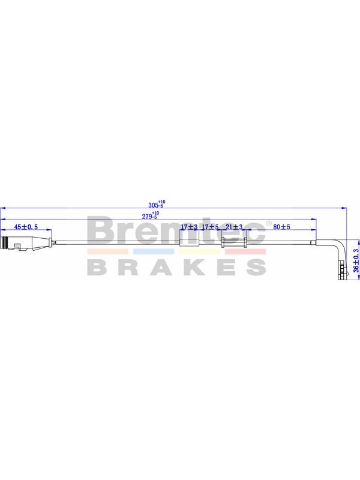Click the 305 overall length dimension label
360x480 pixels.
(x=157, y=204)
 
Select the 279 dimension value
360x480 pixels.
(x=151, y=215)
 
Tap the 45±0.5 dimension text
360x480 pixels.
(x=26, y=227)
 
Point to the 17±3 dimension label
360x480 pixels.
(x=189, y=227)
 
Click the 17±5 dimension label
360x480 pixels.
(x=211, y=227)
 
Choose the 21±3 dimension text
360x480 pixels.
(x=234, y=227)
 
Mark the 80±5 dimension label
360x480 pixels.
(x=281, y=227)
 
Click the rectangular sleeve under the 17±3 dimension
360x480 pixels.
(x=189, y=242)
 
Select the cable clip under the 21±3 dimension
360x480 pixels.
(x=234, y=242)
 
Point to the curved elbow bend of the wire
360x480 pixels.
(x=340, y=244)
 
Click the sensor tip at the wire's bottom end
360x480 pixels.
(x=342, y=272)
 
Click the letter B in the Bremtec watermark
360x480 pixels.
(x=100, y=230)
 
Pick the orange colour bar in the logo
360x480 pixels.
(x=107, y=251)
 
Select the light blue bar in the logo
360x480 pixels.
(x=154, y=251)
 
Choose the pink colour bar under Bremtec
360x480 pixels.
(x=245, y=251)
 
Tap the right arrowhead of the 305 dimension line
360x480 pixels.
(x=344, y=208)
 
